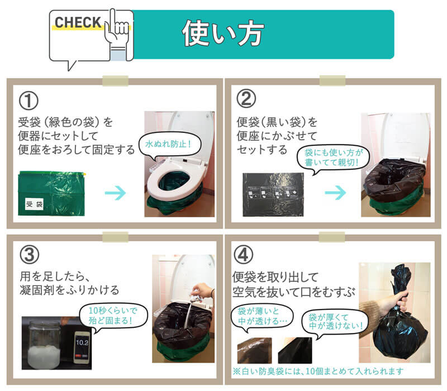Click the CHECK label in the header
pos(78,23)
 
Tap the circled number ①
pos(28,101)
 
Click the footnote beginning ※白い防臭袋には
pos(318,370)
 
